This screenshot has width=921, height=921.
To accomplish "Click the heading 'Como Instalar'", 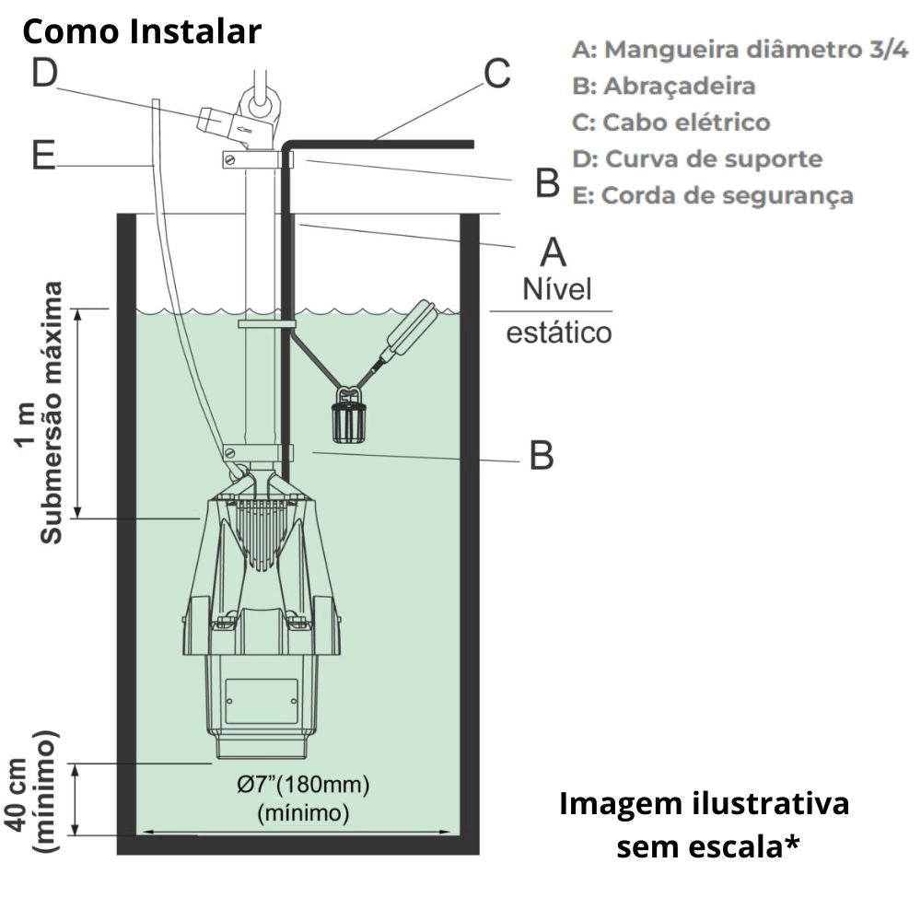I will pos(142,32).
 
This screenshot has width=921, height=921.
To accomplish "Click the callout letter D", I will pos(44,74).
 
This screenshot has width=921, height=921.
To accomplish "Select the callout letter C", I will pos(497,74).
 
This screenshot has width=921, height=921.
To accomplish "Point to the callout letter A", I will pos(553,251).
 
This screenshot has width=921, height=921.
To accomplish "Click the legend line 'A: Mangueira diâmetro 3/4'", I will pos(740,50).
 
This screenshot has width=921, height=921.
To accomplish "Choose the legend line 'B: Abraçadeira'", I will pos(663,86).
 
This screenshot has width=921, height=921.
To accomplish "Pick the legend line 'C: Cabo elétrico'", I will pos(670,122).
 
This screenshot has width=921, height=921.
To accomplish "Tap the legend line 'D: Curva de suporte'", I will pos(696,158).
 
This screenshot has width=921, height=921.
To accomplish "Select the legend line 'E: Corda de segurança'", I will pos(712,195).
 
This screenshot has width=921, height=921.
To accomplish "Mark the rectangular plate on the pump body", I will pos(262,703).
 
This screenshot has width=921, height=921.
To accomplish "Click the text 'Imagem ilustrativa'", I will pos(705,803).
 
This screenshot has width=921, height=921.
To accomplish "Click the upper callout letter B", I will pos(548,183).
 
